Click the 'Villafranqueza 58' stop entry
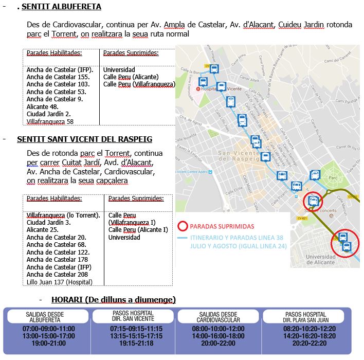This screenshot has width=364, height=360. [50, 121]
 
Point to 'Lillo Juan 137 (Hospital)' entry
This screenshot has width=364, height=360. [60, 282]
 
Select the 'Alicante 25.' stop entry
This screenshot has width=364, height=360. [42, 230]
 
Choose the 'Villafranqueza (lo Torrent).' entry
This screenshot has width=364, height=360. [63, 215]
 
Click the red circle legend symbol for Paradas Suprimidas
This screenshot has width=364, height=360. [182, 226]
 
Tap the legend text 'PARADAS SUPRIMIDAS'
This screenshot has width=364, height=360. [222, 226]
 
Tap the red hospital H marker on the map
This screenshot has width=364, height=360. [204, 88]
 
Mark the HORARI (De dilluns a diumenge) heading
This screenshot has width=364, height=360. [114, 299]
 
